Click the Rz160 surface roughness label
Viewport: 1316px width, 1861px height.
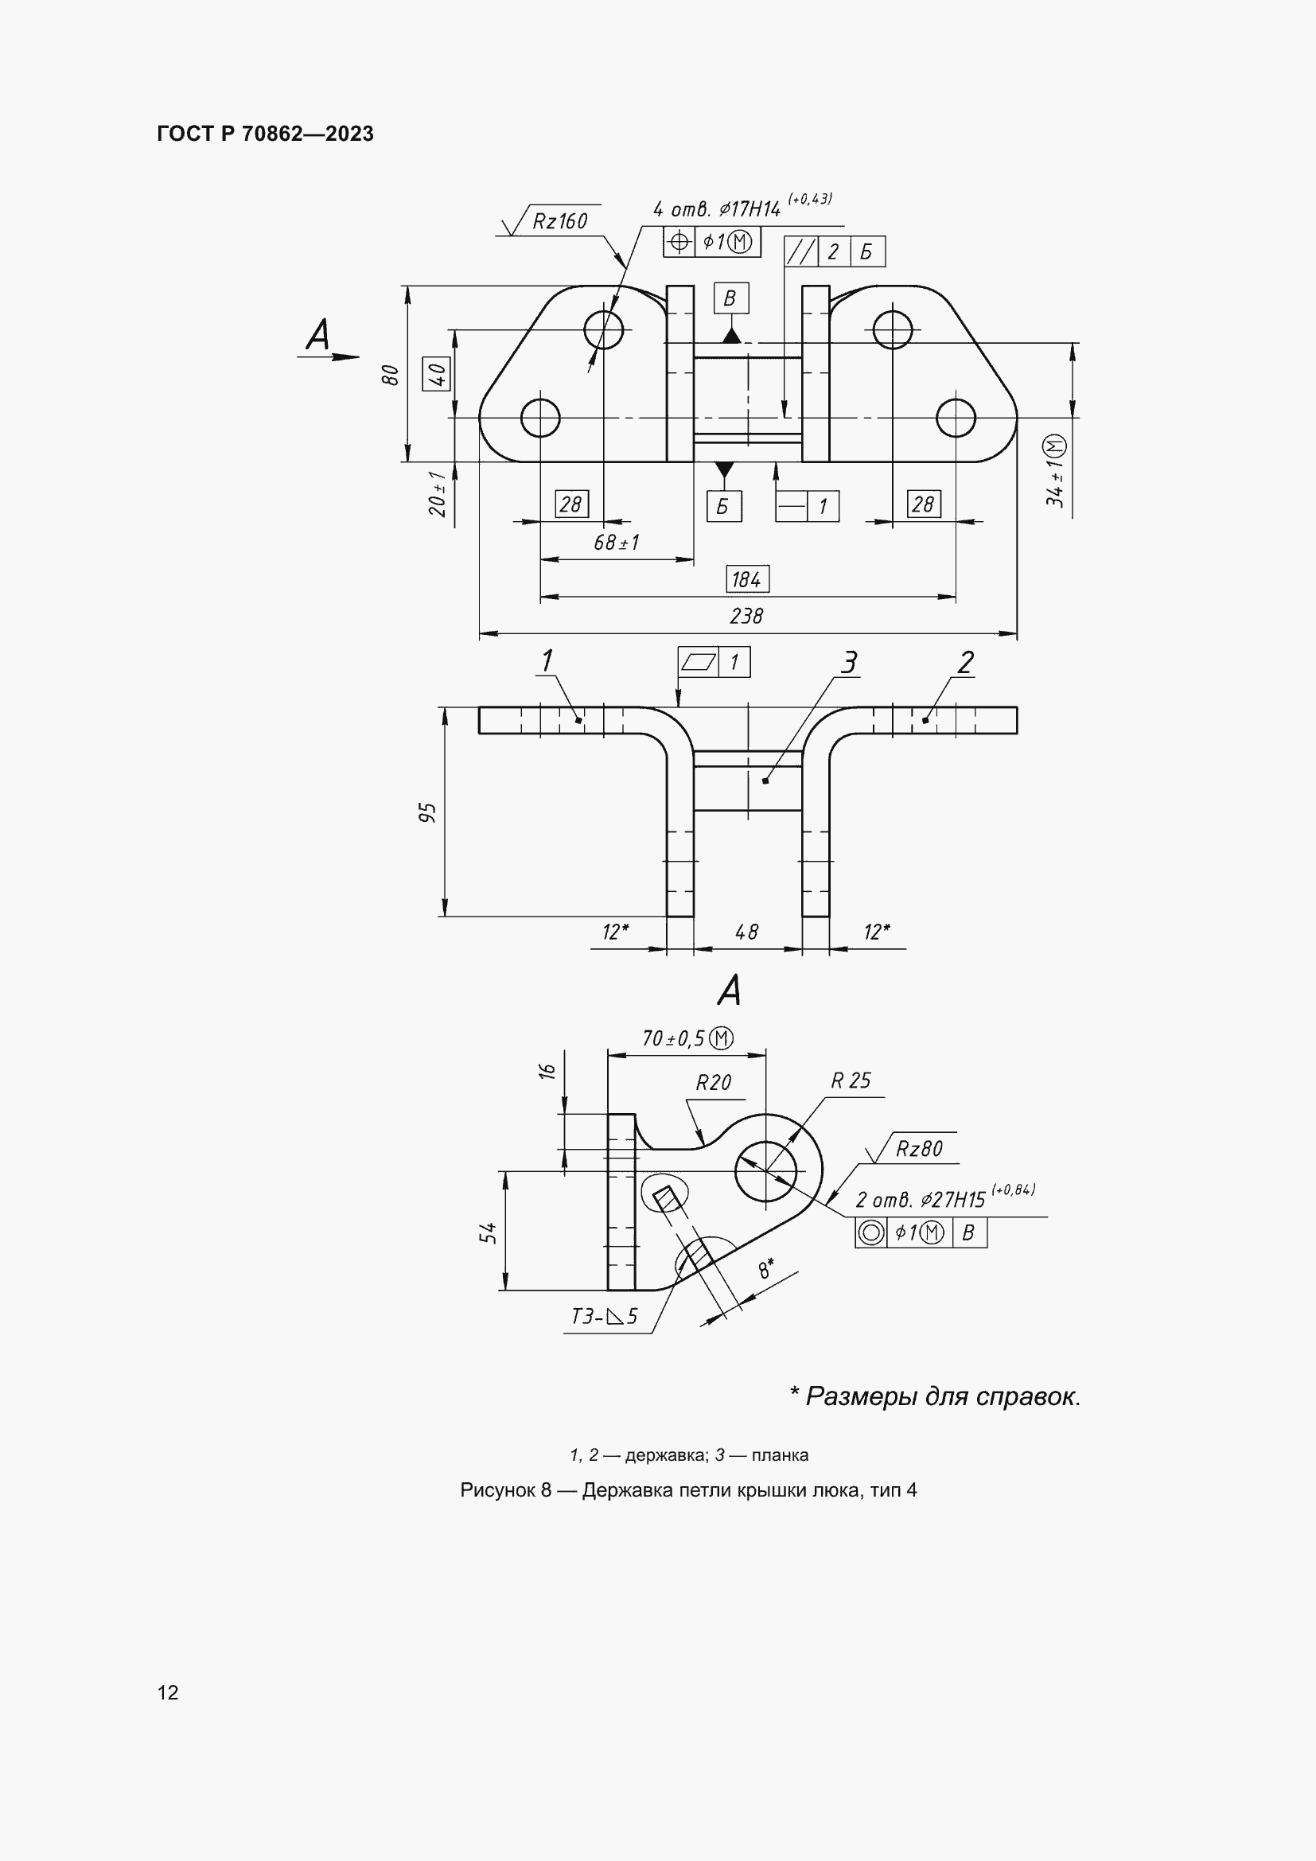tap(559, 220)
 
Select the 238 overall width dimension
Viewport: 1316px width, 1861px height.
tap(746, 616)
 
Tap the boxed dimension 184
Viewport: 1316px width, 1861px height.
tap(746, 578)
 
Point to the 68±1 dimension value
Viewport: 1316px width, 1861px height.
tap(616, 543)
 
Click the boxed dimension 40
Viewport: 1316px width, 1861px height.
tap(437, 375)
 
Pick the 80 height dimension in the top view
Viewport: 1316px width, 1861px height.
tap(391, 375)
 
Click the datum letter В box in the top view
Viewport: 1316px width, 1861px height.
tap(730, 298)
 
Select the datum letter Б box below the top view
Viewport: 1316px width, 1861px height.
tap(722, 507)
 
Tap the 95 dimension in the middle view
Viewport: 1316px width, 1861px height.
tap(429, 812)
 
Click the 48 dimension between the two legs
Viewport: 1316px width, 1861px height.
tap(746, 932)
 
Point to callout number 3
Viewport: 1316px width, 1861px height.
tap(847, 662)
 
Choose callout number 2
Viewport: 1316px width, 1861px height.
tap(965, 662)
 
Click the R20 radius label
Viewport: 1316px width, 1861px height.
tap(713, 1083)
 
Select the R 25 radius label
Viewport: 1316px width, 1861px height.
tap(850, 1080)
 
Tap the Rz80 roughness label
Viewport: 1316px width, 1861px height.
tap(919, 1149)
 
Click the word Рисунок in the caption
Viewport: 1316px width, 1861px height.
tap(496, 1489)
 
